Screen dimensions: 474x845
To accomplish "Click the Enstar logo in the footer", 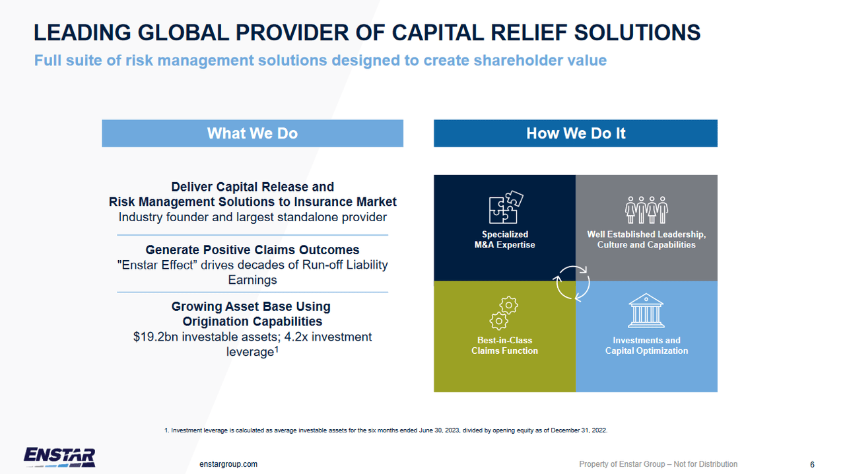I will pyautogui.click(x=59, y=457).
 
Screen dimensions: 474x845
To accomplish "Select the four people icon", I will pyautogui.click(x=646, y=209).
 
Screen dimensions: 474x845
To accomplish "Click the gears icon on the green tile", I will pyautogui.click(x=504, y=314).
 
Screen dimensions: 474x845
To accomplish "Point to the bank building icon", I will pyautogui.click(x=646, y=311).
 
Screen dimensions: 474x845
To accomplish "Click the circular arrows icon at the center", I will pyautogui.click(x=571, y=283).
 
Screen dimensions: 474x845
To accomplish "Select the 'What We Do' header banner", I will pyautogui.click(x=252, y=133).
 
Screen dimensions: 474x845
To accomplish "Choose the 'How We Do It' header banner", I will pyautogui.click(x=575, y=133).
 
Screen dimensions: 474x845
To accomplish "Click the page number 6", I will pyautogui.click(x=812, y=464).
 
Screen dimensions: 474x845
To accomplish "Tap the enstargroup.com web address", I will pyautogui.click(x=228, y=464).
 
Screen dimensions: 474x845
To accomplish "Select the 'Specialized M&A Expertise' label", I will pyautogui.click(x=505, y=240).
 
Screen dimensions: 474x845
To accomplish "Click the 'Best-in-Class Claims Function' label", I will pyautogui.click(x=504, y=345).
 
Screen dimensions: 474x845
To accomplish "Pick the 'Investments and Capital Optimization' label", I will pyautogui.click(x=646, y=345).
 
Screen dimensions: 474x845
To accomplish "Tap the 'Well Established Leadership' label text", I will pyautogui.click(x=646, y=235).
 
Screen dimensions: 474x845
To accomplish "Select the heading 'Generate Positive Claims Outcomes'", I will pyautogui.click(x=252, y=250).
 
